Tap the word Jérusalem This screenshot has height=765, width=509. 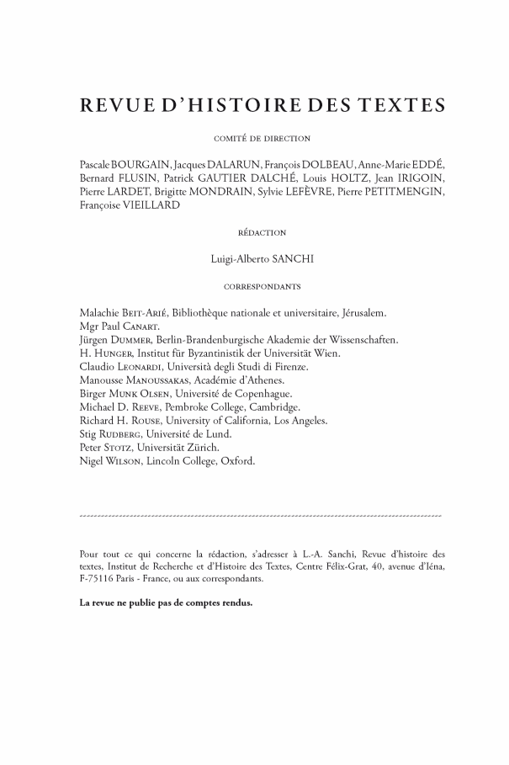[360, 313]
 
